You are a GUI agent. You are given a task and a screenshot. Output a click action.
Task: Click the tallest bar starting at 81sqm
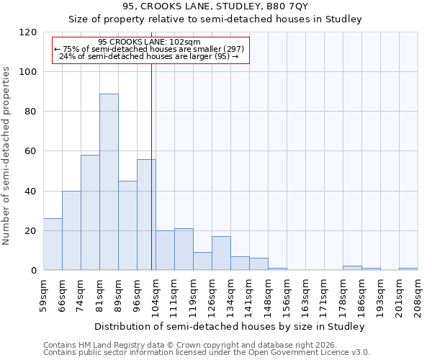coord(109,181)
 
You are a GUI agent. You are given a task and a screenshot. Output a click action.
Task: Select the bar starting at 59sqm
coord(53,244)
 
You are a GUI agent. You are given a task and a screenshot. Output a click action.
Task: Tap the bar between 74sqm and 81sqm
coord(90,212)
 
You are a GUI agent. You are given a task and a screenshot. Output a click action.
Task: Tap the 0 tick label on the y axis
coord(33,271)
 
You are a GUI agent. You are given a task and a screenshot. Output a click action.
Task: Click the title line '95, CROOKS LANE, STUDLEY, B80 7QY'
coord(215,6)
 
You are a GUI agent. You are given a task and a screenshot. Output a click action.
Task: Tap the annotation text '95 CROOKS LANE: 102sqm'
coord(149,42)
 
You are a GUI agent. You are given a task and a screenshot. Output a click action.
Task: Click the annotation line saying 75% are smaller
coord(149,49)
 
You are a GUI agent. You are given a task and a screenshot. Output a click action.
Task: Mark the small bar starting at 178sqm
coord(352,268)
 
